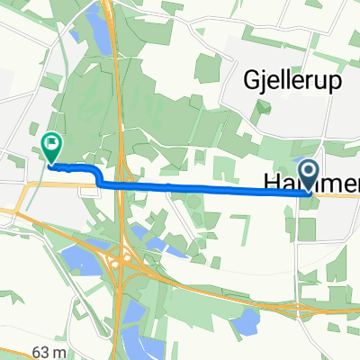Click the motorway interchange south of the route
pos(118,264)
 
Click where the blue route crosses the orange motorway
pos(115,185)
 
